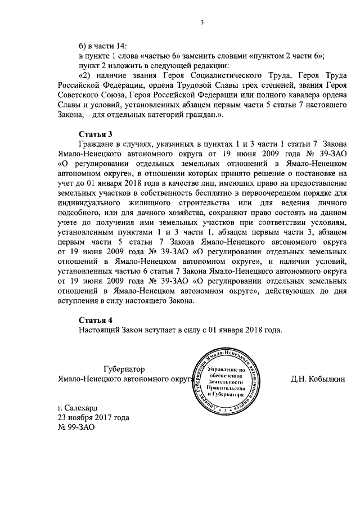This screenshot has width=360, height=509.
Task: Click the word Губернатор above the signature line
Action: tap(124, 369)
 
